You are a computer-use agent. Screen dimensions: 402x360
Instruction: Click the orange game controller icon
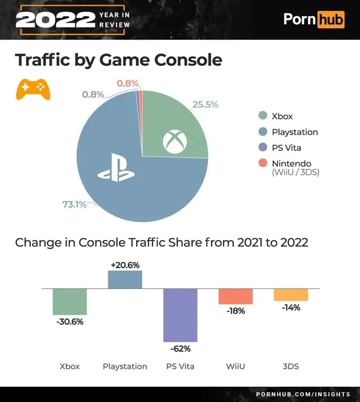click(33, 89)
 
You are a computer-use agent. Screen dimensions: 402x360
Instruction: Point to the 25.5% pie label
click(205, 105)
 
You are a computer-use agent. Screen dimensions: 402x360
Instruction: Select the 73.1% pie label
click(74, 204)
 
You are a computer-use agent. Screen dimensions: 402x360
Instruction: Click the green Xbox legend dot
click(263, 116)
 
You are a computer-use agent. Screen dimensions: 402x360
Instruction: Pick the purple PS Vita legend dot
click(263, 147)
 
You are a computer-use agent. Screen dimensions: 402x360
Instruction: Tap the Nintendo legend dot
click(263, 163)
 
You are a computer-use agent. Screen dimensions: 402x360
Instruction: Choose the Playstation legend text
click(295, 132)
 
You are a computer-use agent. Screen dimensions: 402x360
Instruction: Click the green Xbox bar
click(70, 302)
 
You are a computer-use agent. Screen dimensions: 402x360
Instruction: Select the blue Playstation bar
click(125, 280)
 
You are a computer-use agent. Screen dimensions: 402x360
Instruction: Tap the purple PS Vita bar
click(181, 315)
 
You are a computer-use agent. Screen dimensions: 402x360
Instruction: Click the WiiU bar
click(235, 296)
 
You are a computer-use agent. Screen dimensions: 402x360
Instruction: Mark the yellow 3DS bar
click(291, 294)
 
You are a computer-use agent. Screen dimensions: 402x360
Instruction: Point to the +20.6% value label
click(125, 265)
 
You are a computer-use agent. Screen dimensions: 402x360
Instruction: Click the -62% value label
click(181, 348)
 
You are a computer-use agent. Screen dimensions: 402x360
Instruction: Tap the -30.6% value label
click(70, 322)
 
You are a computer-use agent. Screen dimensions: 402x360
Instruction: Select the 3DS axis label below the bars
click(291, 366)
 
